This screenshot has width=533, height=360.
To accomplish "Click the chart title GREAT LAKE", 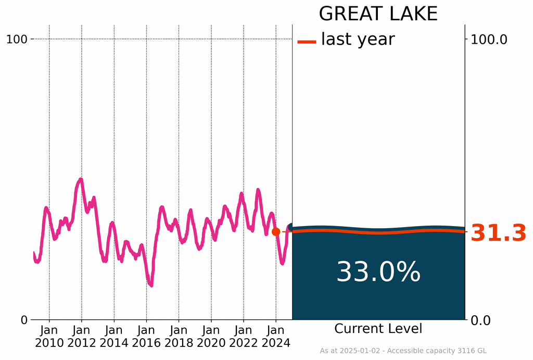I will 378,14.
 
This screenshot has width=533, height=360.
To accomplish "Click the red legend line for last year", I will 307,41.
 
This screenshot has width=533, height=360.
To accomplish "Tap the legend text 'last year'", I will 358,39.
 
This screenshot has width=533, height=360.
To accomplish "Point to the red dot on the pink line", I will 276,231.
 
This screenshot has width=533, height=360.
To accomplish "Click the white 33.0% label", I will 378,272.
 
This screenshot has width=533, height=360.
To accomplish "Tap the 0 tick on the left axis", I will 24,319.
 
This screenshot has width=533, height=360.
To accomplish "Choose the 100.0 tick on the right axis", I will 489,39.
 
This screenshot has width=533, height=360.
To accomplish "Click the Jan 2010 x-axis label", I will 49,337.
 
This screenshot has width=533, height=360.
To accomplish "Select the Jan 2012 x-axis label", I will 82,337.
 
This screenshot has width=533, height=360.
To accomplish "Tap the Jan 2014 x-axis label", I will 114,337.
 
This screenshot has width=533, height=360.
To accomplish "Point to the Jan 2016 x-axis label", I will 146,337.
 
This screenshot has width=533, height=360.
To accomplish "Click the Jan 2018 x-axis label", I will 179,337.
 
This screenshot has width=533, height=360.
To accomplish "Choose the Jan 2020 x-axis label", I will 211,337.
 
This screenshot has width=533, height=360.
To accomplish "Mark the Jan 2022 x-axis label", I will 243,337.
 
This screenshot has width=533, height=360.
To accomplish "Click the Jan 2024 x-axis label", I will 276,337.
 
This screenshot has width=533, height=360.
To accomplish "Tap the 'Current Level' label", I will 378,329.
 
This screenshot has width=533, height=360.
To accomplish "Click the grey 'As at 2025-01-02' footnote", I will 403,351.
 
